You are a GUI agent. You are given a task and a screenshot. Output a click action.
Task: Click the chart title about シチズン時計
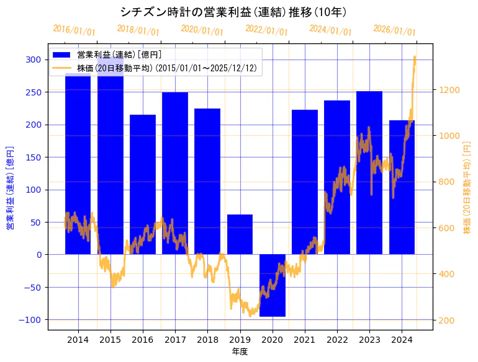point(233,12)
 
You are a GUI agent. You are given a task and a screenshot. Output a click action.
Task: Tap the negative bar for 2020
point(272,285)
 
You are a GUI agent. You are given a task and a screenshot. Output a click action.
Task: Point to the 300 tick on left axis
point(34,60)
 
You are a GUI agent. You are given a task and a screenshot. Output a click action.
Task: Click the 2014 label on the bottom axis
point(78,340)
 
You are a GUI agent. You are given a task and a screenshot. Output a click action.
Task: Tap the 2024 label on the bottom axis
point(402,340)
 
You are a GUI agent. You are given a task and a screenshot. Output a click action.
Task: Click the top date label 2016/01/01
point(74,30)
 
